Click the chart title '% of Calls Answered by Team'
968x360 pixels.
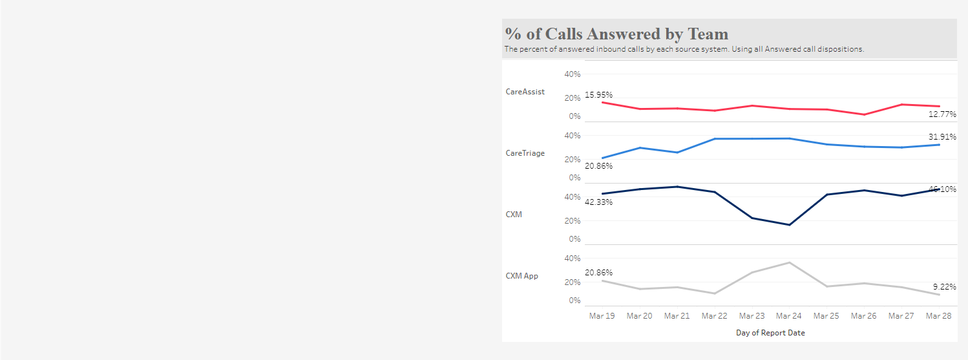click(616, 34)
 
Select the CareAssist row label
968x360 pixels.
click(525, 92)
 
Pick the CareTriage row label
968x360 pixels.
click(525, 153)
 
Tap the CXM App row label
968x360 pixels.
click(521, 276)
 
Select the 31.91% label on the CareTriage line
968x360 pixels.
click(942, 137)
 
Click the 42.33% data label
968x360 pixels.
click(598, 202)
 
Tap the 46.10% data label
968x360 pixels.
click(942, 189)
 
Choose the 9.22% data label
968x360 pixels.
click(944, 286)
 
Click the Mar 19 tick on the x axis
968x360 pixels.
click(602, 316)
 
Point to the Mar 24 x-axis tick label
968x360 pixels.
click(789, 316)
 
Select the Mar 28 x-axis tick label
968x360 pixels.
click(938, 316)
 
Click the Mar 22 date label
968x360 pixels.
click(714, 316)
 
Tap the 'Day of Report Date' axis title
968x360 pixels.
click(770, 333)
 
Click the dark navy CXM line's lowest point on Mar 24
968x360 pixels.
click(790, 225)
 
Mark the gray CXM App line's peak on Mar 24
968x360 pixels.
click(790, 262)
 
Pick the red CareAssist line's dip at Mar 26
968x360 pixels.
click(864, 114)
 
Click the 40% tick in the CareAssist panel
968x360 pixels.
click(573, 74)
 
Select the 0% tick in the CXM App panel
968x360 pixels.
click(574, 301)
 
